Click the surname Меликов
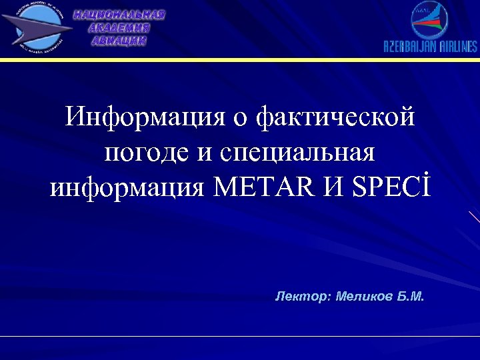tap(364, 295)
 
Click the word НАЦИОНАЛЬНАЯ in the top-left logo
tap(119, 15)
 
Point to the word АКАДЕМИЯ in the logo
tap(119, 28)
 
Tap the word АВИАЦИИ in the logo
tap(119, 41)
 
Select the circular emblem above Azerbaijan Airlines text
tap(429, 19)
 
